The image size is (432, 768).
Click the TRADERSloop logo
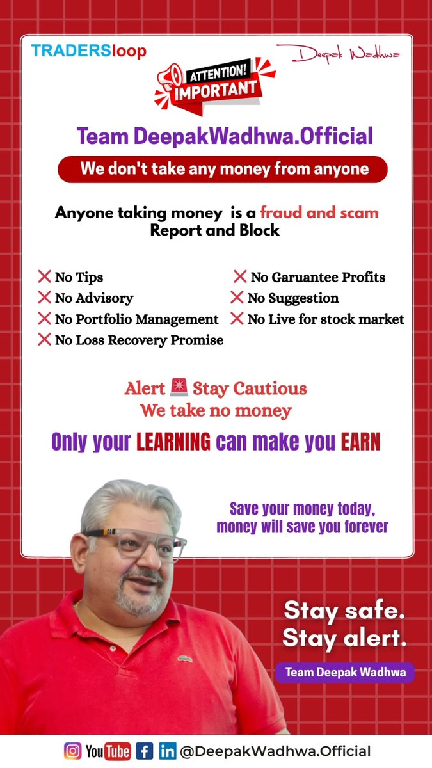(88, 51)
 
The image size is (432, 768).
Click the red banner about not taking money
(223, 169)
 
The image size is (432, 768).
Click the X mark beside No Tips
(44, 277)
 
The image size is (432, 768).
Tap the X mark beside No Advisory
(44, 298)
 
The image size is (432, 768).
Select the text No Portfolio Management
(136, 319)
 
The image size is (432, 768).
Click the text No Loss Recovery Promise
(139, 340)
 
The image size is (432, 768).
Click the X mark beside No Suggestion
(237, 298)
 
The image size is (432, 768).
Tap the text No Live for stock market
(325, 319)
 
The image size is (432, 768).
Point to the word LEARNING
(173, 442)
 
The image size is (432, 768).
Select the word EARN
(361, 442)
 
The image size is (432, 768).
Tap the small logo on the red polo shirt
(186, 658)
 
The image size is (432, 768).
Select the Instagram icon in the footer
(73, 751)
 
